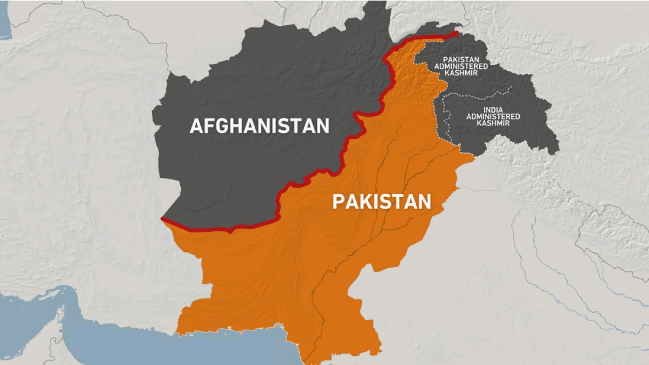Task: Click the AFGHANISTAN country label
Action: (259, 126)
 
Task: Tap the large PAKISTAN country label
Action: (381, 202)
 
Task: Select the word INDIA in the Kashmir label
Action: (493, 110)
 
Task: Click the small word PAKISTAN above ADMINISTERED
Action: (466, 59)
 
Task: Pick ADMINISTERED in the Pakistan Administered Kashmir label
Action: (466, 66)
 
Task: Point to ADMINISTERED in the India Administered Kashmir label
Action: (493, 116)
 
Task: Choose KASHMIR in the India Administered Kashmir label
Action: (493, 123)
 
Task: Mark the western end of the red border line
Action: (163, 219)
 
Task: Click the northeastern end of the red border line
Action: (457, 34)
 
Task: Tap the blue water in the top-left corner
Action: (4, 22)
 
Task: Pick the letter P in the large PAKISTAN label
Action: (337, 202)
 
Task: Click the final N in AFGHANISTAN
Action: (322, 126)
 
